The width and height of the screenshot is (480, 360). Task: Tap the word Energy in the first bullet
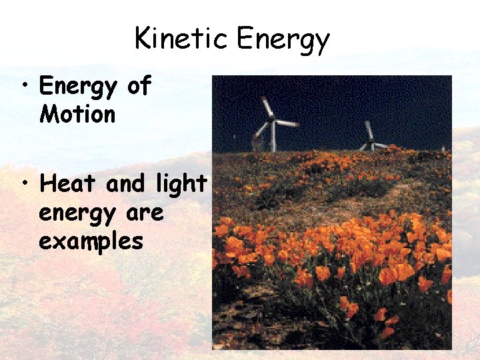click(x=77, y=87)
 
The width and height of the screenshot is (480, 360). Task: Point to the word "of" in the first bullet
click(x=139, y=86)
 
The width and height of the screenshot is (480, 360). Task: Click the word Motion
click(x=77, y=114)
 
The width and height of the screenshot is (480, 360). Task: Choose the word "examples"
click(x=91, y=242)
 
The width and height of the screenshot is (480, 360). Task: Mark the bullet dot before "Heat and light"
click(x=25, y=184)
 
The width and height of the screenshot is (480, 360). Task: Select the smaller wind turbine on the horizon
click(x=371, y=139)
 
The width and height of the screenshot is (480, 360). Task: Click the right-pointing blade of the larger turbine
click(x=287, y=123)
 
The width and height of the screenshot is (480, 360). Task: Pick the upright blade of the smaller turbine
click(x=368, y=129)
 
